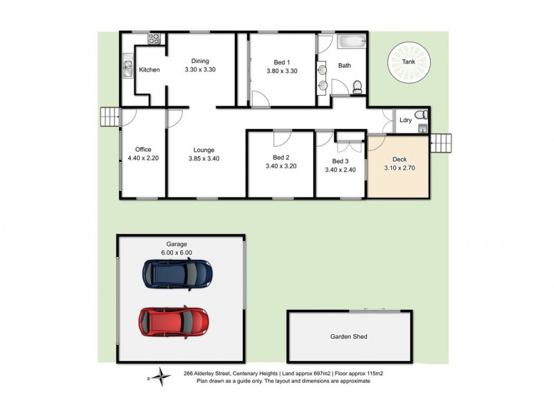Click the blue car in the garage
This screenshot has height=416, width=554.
pos(176,274)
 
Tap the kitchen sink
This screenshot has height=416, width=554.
pos(128,67)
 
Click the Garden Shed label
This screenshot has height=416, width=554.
pos(348,338)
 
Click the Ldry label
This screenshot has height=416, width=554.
pos(406,121)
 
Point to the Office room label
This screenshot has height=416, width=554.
pos(143,150)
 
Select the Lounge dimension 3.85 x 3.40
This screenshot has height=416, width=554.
pos(204,159)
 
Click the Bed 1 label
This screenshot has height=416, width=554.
pos(282,61)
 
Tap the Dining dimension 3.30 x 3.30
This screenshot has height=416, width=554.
pos(201,70)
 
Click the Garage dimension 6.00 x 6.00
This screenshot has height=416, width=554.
pos(177,253)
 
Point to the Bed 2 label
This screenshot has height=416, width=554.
pos(281,157)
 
